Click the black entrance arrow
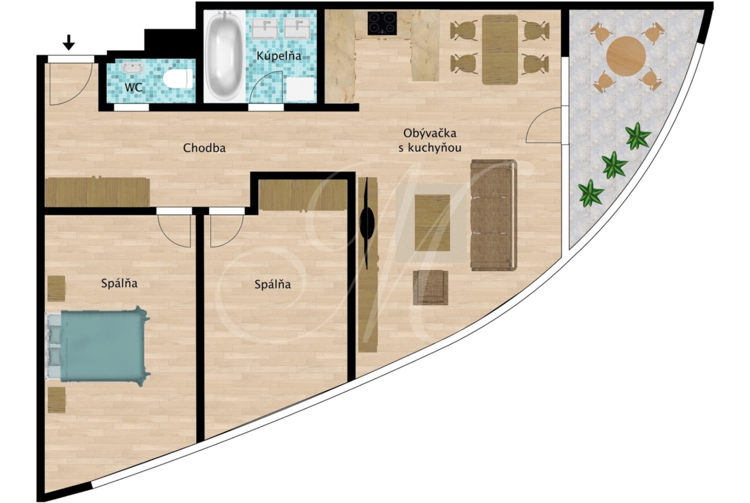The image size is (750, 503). pos(69,42)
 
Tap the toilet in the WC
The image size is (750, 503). pos(178,79)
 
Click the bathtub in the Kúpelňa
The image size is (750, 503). pos(224,54)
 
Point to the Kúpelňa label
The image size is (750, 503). pos(279,56)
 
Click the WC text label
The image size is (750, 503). pos(133,88)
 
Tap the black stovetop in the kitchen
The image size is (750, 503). pos(381,23)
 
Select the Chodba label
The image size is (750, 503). pos(204,148)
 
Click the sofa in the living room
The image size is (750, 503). pos(494,215)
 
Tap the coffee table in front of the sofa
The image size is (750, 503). pos(433,223)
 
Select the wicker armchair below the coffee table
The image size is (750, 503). pos(431,287)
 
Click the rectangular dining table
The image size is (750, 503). pos(500,50)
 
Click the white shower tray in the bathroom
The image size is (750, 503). pos(300,90)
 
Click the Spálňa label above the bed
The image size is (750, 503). pos(119,283)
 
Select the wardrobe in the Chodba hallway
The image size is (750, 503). pos(97,192)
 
